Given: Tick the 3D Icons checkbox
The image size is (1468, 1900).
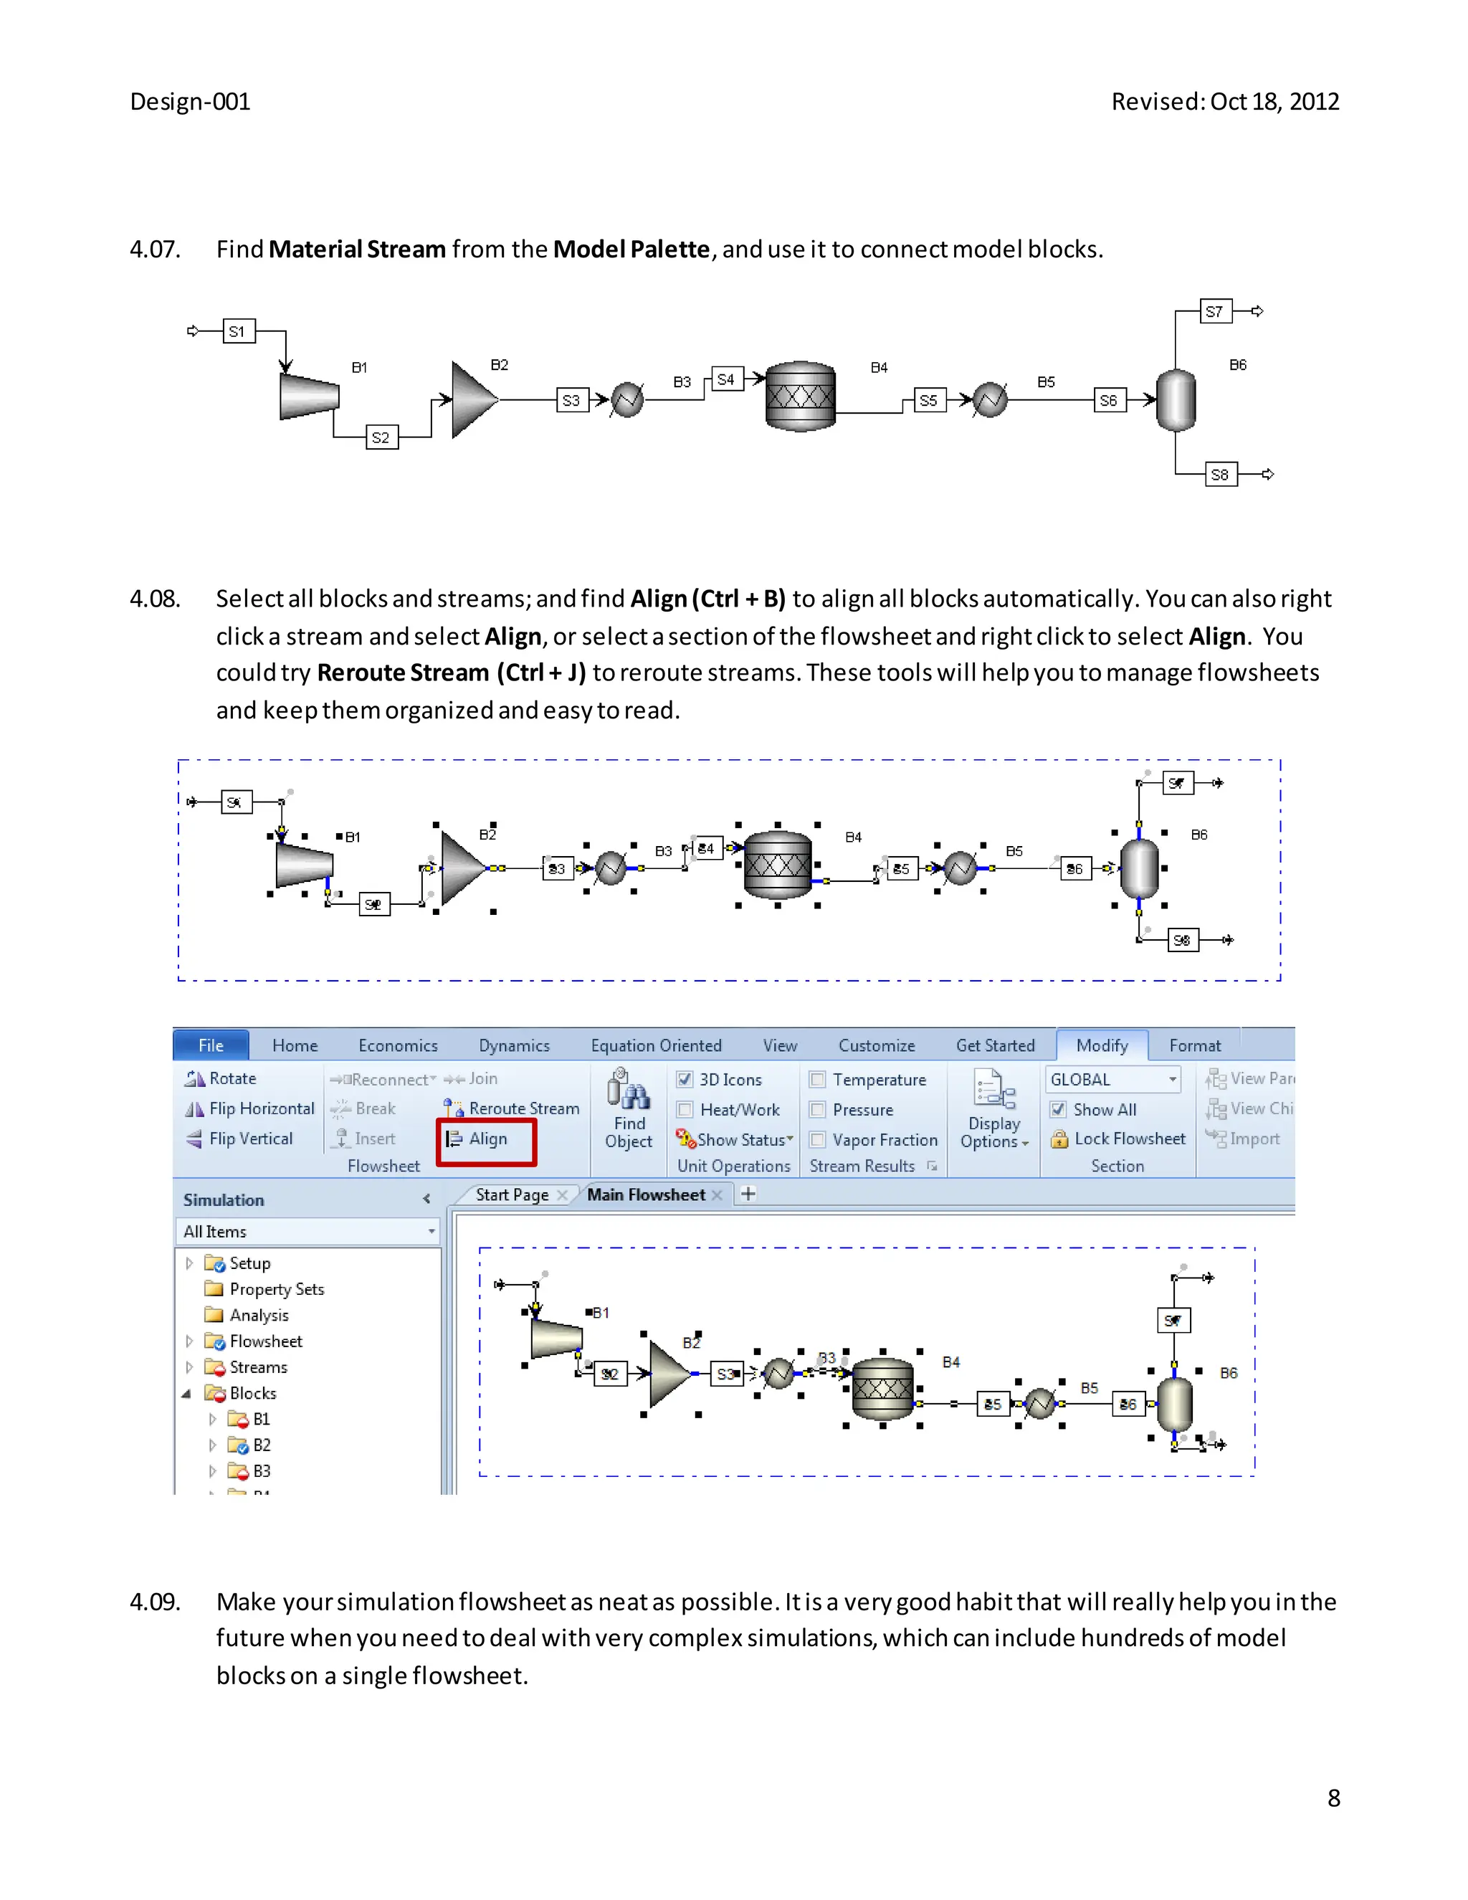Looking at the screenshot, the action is pyautogui.click(x=685, y=1080).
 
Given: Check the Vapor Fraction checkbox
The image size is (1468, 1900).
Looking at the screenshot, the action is pyautogui.click(x=817, y=1140).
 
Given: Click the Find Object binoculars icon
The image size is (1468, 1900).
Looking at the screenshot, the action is pyautogui.click(x=628, y=1090).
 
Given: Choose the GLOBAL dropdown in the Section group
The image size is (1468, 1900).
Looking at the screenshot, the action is pyautogui.click(x=1113, y=1080).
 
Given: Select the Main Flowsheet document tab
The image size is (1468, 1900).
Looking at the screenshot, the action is pyautogui.click(x=646, y=1194).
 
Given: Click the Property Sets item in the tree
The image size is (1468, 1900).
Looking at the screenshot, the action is pyautogui.click(x=277, y=1289).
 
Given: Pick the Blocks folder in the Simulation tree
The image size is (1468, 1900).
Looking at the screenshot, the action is pyautogui.click(x=253, y=1394).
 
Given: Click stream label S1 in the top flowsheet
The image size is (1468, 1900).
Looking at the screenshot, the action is pyautogui.click(x=237, y=331).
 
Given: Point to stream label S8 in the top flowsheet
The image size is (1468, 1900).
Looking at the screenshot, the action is pyautogui.click(x=1220, y=475).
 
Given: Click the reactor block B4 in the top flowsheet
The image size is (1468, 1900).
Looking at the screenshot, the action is pyautogui.click(x=800, y=396).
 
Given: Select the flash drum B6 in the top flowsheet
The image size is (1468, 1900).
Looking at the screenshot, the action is pyautogui.click(x=1176, y=400).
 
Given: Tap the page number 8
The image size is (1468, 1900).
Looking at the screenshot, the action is pyautogui.click(x=1334, y=1798).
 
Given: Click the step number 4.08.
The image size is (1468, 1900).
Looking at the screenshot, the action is pyautogui.click(x=155, y=599).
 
